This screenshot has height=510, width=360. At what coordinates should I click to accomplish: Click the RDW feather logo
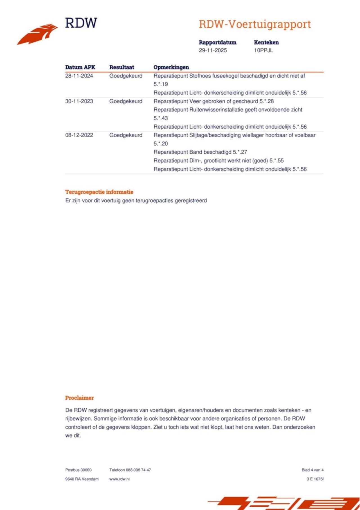coord(38,34)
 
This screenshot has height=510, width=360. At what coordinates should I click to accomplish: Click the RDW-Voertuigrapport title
coord(255,24)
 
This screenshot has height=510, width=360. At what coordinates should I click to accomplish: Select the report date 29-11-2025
coord(213,50)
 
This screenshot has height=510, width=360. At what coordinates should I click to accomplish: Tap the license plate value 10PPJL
coord(263,50)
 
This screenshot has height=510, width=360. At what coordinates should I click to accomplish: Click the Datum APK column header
coord(80,67)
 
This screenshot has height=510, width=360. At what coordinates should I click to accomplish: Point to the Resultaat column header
coord(121,67)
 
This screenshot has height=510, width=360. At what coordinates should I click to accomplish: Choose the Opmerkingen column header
coord(171,67)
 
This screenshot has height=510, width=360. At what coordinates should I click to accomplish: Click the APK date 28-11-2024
coord(79,76)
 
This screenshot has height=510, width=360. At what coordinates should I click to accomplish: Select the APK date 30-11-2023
coord(79,101)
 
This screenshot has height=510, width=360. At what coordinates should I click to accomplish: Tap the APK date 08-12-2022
coord(79,135)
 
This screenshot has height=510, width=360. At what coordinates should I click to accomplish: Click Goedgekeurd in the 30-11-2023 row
coord(126,101)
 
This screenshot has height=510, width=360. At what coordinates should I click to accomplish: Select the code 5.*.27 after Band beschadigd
coord(240,152)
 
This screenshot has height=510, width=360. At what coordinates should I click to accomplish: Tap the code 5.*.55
coord(276,161)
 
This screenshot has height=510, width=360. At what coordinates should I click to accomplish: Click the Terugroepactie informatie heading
coord(99,192)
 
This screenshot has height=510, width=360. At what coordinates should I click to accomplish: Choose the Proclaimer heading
coord(79,398)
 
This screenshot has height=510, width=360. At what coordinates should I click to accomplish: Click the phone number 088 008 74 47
coord(138,470)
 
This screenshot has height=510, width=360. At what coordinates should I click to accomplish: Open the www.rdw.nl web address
coord(120,479)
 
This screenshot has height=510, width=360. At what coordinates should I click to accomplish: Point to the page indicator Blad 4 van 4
coord(312,470)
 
